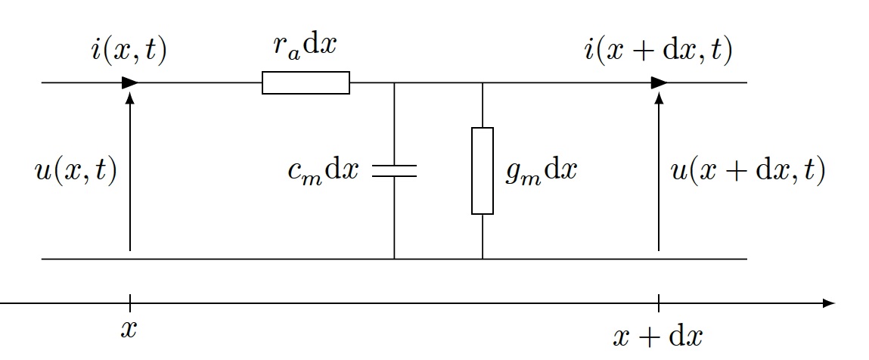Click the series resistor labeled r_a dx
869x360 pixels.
tap(306, 82)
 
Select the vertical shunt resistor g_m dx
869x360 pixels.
tap(483, 171)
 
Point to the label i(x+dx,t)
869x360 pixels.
tap(658, 51)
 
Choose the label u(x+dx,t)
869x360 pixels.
tap(748, 172)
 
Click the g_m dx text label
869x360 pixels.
tap(541, 172)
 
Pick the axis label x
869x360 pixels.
tap(129, 329)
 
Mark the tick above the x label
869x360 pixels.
tap(130, 303)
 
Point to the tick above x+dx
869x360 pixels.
tap(659, 303)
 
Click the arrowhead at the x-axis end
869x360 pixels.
tap(829, 303)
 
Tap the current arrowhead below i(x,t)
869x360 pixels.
tap(129, 82)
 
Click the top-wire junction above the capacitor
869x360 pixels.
tap(394, 82)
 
